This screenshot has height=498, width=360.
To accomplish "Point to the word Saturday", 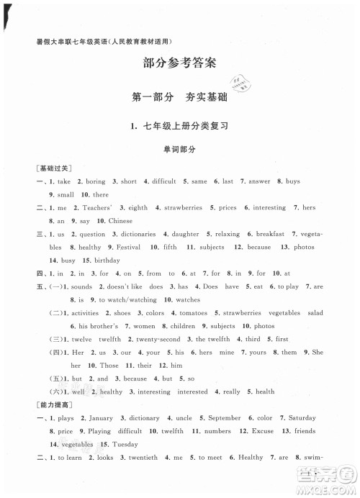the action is [302, 417].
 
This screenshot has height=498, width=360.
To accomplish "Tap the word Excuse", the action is [263, 431].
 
